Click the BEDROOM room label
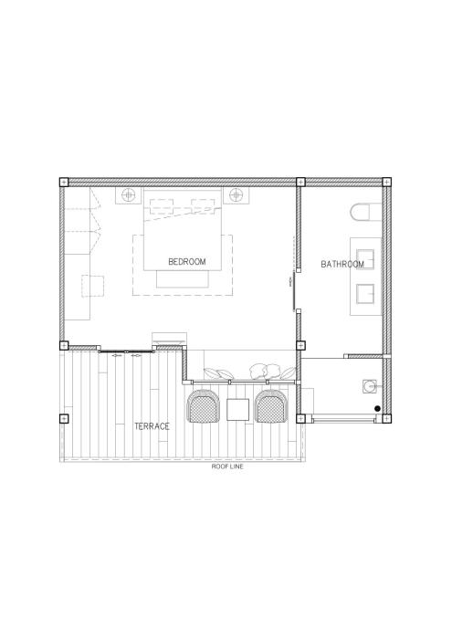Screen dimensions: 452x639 (x=187, y=262)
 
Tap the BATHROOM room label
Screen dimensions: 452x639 (x=342, y=264)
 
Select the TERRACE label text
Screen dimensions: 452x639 (x=152, y=426)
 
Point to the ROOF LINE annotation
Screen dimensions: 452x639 (x=227, y=466)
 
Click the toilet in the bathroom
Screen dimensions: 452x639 (x=365, y=212)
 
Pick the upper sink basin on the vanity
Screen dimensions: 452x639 (x=365, y=259)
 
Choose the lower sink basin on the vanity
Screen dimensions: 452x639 (x=365, y=294)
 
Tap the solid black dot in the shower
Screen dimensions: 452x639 (x=377, y=408)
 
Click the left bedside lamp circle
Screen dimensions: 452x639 (x=129, y=195)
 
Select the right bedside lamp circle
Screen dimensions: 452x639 (x=236, y=195)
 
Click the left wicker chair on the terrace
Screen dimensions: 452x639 (x=202, y=406)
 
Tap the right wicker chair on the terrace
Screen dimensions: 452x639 (x=271, y=406)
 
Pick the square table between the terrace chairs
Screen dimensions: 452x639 (x=237, y=410)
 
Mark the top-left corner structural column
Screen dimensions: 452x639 (x=64, y=183)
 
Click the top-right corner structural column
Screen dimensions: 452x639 (x=386, y=183)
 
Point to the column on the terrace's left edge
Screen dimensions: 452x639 (x=64, y=418)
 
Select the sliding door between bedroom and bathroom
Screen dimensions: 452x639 (x=293, y=290)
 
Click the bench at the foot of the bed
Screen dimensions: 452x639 (x=183, y=278)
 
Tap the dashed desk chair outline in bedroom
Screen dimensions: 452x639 (x=92, y=286)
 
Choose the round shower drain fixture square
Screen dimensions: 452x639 (x=369, y=386)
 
